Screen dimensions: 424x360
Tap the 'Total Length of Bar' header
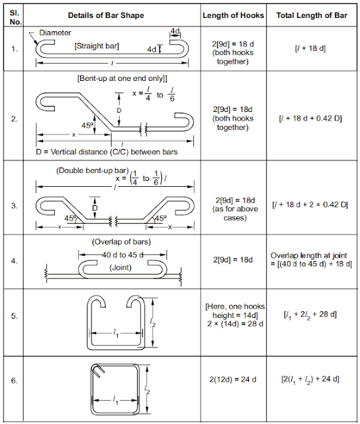click(314, 15)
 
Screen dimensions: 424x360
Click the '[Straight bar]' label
click(97, 46)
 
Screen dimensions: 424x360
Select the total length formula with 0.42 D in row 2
click(314, 119)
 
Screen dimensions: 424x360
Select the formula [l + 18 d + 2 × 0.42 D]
click(314, 204)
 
